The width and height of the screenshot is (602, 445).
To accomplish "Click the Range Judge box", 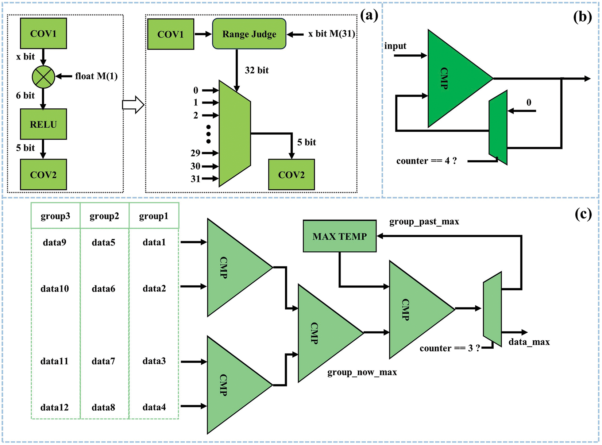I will pyautogui.click(x=249, y=34).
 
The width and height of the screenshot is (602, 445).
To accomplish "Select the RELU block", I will pyautogui.click(x=43, y=124).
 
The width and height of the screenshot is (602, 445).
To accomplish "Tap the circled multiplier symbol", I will pyautogui.click(x=43, y=77).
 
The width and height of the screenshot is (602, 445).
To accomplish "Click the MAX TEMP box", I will pyautogui.click(x=340, y=236).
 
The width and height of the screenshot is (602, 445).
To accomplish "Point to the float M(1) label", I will pyautogui.click(x=96, y=76).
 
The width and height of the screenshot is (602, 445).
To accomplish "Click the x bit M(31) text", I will pyautogui.click(x=331, y=34).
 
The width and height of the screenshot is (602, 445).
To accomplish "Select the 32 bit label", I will pyautogui.click(x=256, y=70).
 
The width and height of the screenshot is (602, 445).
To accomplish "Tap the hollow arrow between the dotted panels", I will pyautogui.click(x=133, y=105).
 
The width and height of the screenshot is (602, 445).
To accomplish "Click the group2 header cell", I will pyautogui.click(x=104, y=216).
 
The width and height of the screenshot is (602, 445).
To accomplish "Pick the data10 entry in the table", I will pyautogui.click(x=55, y=289).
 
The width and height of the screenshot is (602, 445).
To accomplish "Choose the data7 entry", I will pyautogui.click(x=103, y=361).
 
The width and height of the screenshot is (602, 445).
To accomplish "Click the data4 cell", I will pyautogui.click(x=154, y=407).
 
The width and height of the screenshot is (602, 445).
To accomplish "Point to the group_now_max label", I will pyautogui.click(x=362, y=372).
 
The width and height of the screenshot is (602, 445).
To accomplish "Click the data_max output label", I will pyautogui.click(x=529, y=342).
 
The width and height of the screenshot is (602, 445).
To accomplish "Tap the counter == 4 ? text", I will pyautogui.click(x=427, y=161).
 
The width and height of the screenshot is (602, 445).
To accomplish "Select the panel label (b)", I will pyautogui.click(x=582, y=17).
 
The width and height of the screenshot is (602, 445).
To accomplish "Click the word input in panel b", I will pyautogui.click(x=395, y=46).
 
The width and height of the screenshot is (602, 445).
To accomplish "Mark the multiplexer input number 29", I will pyautogui.click(x=196, y=153).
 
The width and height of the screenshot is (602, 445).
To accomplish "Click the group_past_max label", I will pyautogui.click(x=424, y=222).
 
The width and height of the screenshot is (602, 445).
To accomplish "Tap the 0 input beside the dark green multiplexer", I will pyautogui.click(x=529, y=102).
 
